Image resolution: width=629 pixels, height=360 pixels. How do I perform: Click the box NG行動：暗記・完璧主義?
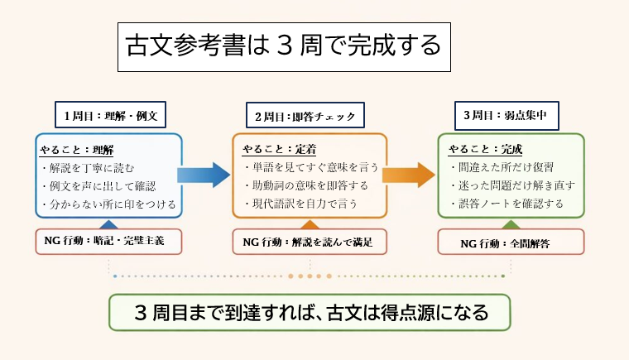click(108, 242)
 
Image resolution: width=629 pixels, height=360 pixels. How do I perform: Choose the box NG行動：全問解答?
click(511, 242)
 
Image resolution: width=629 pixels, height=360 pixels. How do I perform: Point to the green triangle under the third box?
click(511, 223)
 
